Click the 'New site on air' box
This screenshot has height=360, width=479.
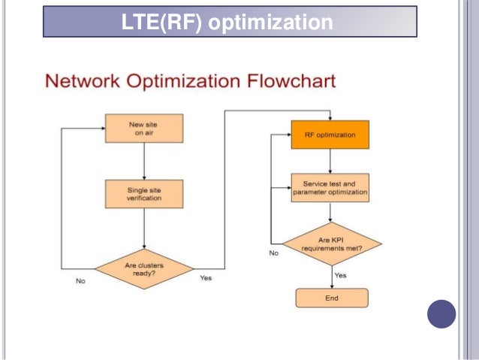(x=143, y=129)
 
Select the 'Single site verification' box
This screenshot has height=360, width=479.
(x=143, y=194)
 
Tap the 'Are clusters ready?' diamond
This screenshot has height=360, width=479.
(x=143, y=268)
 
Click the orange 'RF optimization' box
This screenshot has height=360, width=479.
(x=330, y=135)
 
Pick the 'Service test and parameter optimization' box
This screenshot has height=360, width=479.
(x=330, y=188)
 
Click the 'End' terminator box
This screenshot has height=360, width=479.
(x=331, y=298)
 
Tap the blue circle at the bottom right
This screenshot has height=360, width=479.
(x=441, y=313)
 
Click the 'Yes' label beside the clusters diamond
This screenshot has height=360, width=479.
(x=206, y=279)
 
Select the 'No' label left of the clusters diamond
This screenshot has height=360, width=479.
(x=80, y=281)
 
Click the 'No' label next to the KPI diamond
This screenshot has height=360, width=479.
(x=273, y=254)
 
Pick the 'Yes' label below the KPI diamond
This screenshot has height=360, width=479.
(x=340, y=276)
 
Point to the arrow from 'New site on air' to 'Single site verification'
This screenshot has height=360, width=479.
(x=143, y=161)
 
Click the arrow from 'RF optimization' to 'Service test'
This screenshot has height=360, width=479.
(x=330, y=161)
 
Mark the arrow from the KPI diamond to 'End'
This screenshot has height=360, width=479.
(x=331, y=276)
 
